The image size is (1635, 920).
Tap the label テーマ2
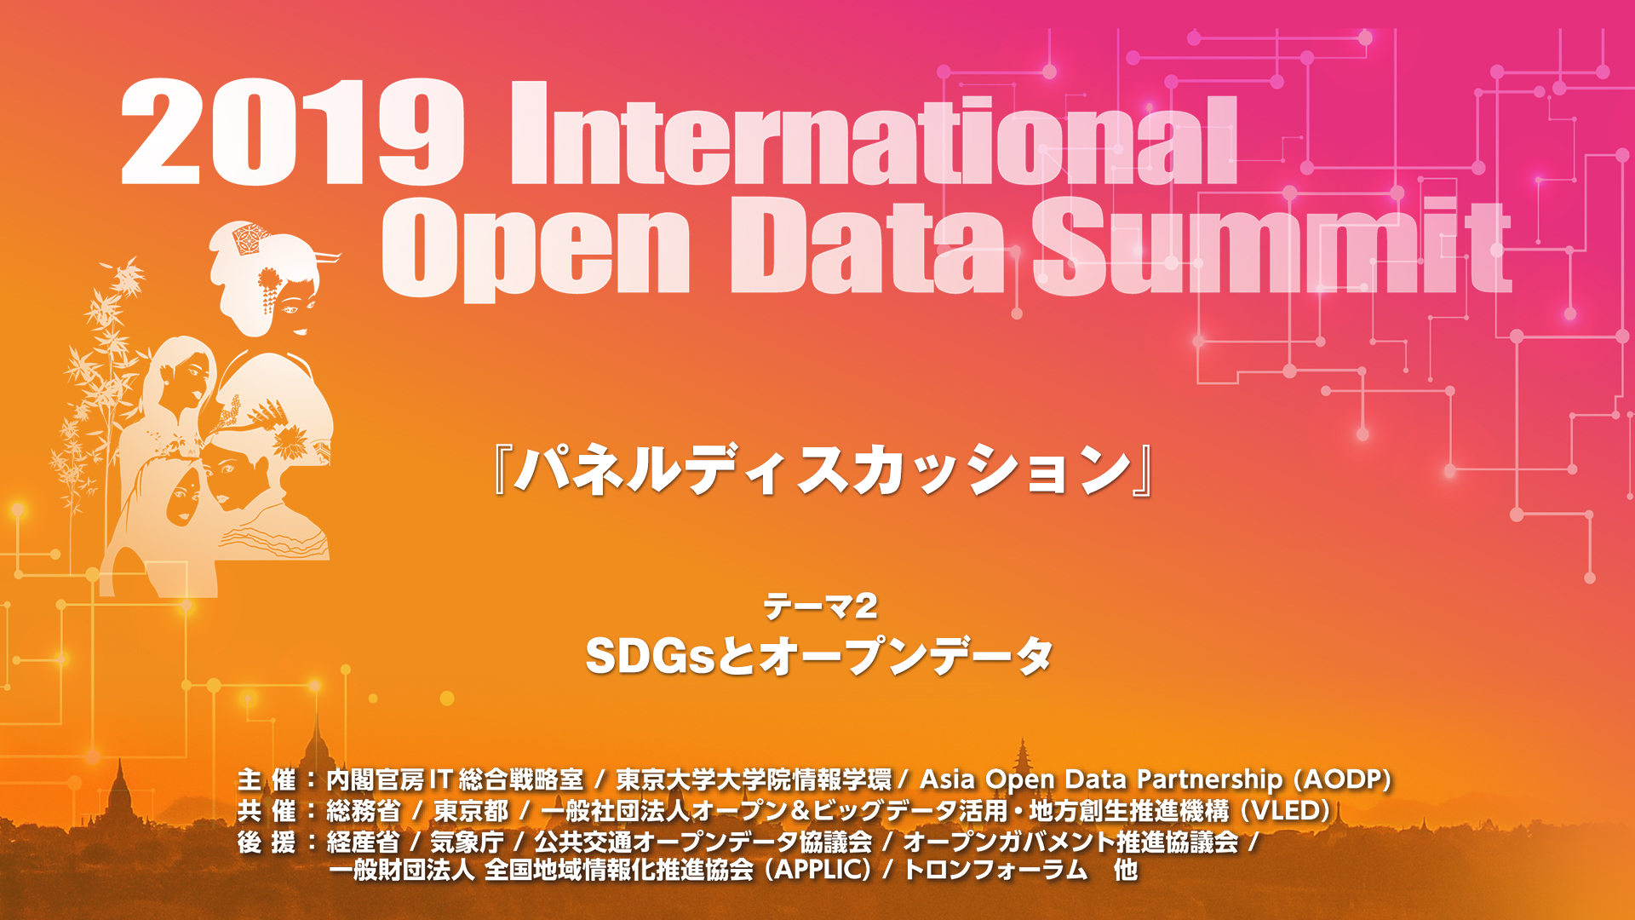820,607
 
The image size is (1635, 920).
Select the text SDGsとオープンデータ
819,656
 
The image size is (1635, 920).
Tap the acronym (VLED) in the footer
1285,810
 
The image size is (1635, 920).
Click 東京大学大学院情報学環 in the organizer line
754,779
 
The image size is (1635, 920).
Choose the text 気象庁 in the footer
468,842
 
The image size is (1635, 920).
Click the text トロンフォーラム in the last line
995,870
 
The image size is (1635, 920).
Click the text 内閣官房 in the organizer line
376,779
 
